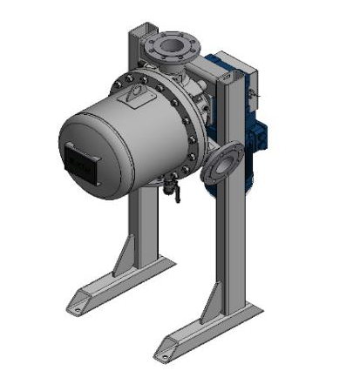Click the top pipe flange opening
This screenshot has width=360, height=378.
point(168,44)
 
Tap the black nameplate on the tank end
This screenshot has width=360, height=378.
point(80,163)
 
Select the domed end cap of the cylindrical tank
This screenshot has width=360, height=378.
point(87,152)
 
